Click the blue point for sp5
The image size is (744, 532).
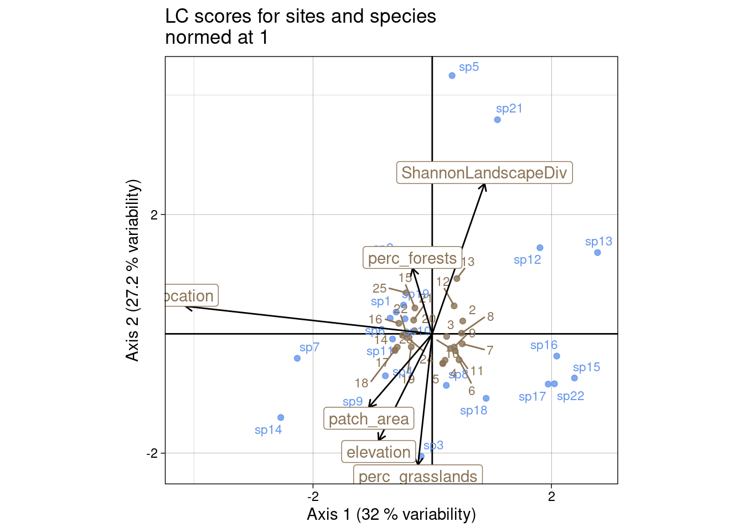coord(452,75)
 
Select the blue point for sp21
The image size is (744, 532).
coord(497,120)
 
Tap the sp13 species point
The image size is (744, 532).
coord(597,253)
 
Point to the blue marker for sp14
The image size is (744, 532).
coord(281,417)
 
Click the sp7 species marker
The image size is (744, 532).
coord(297,358)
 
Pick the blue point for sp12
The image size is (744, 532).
coord(540,248)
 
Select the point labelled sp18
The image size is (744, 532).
coord(486,398)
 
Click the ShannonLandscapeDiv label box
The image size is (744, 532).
coord(484,173)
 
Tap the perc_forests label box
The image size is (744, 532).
coord(412,258)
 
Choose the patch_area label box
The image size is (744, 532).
coord(369,419)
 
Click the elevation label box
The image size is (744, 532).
coord(379,452)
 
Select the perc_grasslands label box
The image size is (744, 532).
coord(418,475)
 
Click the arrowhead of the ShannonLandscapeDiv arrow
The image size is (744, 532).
coord(484,185)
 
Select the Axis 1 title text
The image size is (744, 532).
coord(391,514)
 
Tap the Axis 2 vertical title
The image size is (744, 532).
coord(133,270)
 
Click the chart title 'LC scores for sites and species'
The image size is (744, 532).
coord(301,17)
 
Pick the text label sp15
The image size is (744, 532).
coord(586,367)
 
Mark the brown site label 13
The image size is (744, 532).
coord(468,262)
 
